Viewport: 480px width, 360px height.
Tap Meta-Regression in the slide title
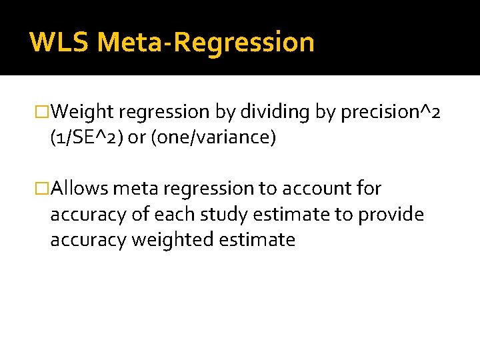(205, 42)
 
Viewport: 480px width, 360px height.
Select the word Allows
(79, 189)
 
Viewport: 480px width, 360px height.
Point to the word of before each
(141, 214)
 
